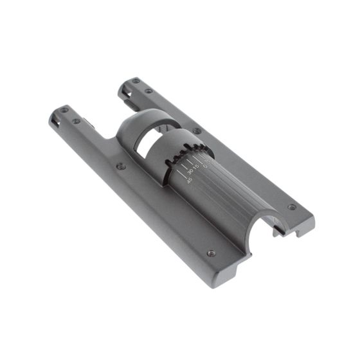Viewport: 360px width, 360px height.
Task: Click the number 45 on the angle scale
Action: tap(187, 180)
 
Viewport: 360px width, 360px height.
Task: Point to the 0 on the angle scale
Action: tap(205, 165)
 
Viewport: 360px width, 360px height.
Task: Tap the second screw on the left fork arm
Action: tap(76, 121)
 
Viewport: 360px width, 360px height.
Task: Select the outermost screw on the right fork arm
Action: tap(136, 82)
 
